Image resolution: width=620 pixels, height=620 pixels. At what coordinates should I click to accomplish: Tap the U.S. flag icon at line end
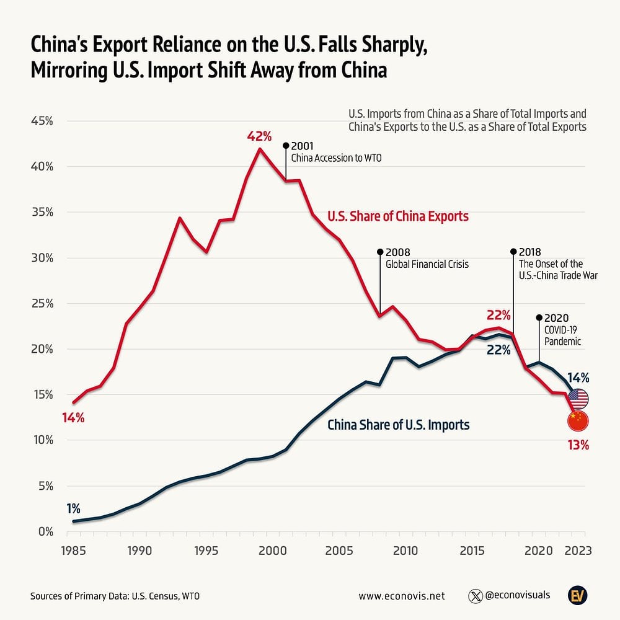[578, 398]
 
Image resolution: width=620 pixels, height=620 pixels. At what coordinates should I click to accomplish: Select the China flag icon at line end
[578, 421]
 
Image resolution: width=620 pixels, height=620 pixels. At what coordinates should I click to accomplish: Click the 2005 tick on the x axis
[339, 550]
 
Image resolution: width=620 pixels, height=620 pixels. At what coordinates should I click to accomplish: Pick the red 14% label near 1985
[73, 418]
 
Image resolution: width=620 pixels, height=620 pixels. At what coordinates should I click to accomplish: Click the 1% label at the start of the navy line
[73, 508]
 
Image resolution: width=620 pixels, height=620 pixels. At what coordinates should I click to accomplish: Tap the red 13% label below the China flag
[578, 445]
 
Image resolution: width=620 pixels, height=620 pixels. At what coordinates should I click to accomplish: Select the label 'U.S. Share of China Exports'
[397, 216]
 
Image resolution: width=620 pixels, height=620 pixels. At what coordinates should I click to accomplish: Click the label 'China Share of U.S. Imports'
[398, 425]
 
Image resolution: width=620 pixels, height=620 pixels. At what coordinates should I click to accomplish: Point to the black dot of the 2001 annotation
[286, 146]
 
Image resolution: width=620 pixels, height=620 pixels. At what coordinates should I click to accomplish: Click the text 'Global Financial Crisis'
[427, 264]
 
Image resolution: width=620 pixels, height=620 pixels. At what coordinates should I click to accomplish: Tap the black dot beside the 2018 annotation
[513, 252]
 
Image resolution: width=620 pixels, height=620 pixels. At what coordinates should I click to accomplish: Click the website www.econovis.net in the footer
[402, 596]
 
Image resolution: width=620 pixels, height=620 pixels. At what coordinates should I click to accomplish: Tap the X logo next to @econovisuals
[476, 596]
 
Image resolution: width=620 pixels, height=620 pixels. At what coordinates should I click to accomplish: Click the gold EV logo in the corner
[578, 595]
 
